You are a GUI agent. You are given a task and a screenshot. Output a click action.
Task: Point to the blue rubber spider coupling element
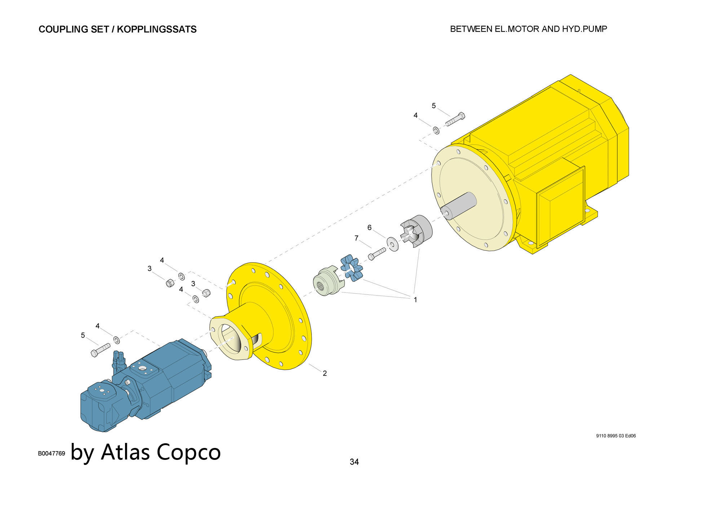[352, 268]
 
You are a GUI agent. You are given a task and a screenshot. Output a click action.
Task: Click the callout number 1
[415, 299]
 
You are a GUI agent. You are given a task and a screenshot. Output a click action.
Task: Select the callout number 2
[324, 373]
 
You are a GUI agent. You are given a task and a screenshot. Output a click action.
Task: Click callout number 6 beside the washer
[369, 228]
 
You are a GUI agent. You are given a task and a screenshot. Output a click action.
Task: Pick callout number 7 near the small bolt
[356, 238]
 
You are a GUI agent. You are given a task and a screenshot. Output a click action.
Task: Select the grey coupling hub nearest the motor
[416, 231]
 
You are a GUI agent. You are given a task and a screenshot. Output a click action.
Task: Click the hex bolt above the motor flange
[455, 119]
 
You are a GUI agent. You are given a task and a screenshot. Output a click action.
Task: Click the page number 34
[354, 462]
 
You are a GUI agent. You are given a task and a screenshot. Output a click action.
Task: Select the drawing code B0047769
[52, 453]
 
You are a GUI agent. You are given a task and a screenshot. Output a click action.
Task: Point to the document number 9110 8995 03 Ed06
[616, 436]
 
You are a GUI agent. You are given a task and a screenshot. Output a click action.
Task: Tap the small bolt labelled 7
[377, 254]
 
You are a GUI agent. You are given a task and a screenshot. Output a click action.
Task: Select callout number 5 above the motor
[434, 106]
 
